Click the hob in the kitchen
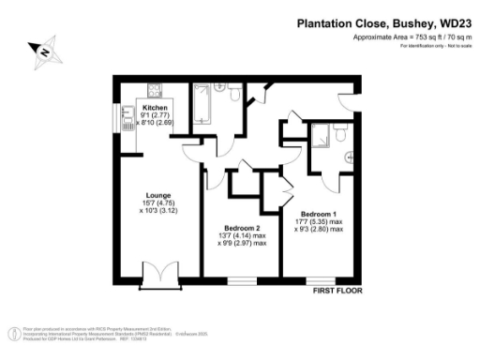[154, 92]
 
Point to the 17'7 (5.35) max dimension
[318, 220]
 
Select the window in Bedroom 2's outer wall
[243, 278]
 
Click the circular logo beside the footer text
[14, 334]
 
